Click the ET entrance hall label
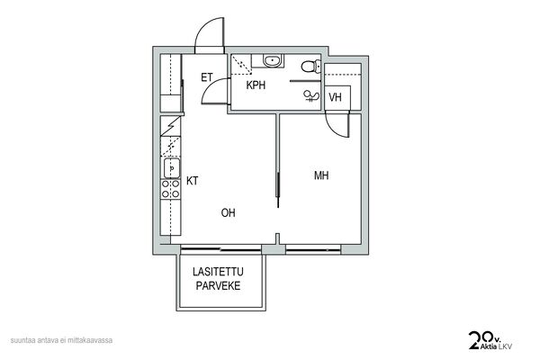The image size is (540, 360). [207, 77]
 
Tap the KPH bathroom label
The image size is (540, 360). [256, 85]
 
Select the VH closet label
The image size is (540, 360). [335, 97]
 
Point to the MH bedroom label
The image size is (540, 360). [321, 175]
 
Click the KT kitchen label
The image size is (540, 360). [193, 181]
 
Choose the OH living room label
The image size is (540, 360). [229, 212]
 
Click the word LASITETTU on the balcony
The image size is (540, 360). [218, 272]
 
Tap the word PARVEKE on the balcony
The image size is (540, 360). [218, 285]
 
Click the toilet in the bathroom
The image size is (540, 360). [311, 66]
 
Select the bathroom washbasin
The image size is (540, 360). [273, 61]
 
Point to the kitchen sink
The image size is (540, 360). [172, 168]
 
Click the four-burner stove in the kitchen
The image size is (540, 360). [171, 189]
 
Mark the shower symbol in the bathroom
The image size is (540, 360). [311, 96]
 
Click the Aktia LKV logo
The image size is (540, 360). [490, 341]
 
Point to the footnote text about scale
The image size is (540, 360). [61, 340]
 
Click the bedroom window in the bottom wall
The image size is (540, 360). [313, 250]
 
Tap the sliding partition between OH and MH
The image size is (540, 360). [278, 160]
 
